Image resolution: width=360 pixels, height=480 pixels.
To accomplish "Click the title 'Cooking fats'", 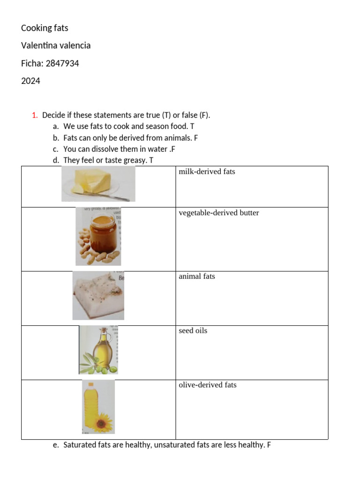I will [x=45, y=28].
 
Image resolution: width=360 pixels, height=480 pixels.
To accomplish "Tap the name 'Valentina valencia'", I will [x=56, y=45].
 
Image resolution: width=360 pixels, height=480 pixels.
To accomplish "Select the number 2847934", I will [x=62, y=63].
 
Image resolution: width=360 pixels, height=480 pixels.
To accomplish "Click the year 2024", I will [x=30, y=81].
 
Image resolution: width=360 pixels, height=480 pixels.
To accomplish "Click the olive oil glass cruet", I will [x=101, y=351].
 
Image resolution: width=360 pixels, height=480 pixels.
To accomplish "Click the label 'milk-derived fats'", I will [x=207, y=172].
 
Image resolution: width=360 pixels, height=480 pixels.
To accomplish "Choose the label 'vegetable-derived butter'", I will [x=218, y=213].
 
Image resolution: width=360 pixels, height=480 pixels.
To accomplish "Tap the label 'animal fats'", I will [x=197, y=276].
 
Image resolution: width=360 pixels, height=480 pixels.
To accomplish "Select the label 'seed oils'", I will [x=193, y=330].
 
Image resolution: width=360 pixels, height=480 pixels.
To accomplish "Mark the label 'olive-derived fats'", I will [x=208, y=385].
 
